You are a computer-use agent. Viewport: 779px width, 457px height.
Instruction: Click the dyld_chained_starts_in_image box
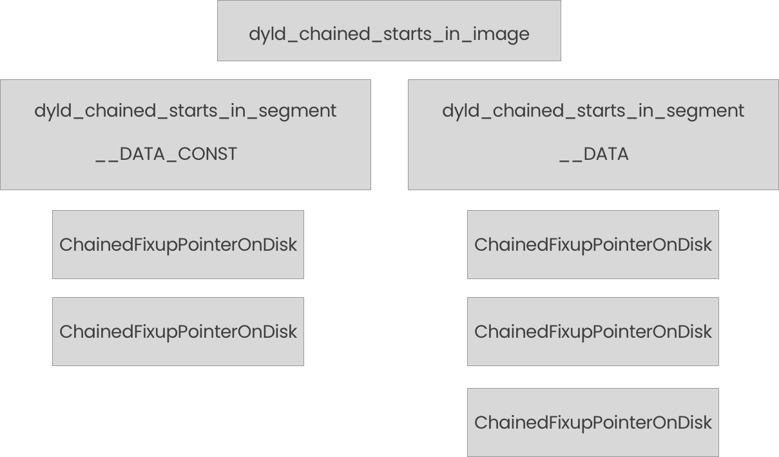[x=389, y=31]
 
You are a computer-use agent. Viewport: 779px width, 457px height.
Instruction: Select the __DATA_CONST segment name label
[x=166, y=155]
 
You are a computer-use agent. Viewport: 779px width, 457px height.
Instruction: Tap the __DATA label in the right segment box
[x=593, y=155]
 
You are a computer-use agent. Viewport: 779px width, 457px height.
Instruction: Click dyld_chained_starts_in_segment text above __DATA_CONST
[x=185, y=111]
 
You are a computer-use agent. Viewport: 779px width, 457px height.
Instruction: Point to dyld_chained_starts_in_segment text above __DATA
[x=593, y=111]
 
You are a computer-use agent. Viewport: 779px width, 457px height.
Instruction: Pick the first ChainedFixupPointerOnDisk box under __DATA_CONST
[x=178, y=245]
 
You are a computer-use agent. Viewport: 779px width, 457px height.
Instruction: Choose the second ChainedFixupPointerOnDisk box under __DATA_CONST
[x=178, y=332]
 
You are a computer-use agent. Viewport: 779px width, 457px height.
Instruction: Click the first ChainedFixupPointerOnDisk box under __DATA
[x=593, y=245]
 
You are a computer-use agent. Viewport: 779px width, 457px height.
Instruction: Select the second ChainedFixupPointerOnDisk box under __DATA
[x=593, y=332]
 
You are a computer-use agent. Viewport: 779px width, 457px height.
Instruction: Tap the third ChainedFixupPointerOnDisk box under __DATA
[x=593, y=423]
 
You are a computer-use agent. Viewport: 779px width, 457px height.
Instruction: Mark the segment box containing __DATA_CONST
[x=185, y=134]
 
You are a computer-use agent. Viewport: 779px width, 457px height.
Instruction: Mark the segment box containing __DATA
[x=593, y=134]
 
